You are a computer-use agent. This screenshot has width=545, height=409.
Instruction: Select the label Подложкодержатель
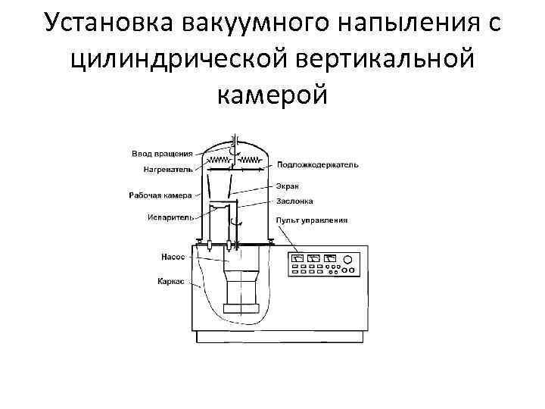pos(317,164)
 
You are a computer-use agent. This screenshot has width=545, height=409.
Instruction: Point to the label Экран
pos(288,186)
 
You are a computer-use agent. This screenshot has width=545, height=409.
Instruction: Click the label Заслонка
pos(294,202)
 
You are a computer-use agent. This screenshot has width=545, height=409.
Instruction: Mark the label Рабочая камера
pos(160,195)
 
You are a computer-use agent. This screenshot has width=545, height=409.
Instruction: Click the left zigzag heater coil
pos(220,161)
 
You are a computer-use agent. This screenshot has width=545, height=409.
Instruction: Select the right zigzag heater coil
pos(252,161)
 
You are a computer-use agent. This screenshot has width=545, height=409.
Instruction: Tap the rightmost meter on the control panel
pos(331,258)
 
